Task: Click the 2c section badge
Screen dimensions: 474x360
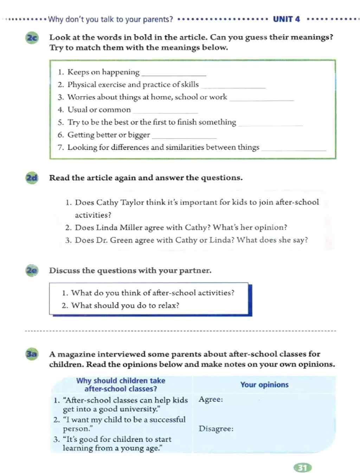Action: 32,38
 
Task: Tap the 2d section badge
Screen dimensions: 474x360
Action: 32,178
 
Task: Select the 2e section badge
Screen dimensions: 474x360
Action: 32,271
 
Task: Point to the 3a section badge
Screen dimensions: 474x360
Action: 32,354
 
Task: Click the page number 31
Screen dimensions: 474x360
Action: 302,468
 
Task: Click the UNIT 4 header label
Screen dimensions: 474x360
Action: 287,19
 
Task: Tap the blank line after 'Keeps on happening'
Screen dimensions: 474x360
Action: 173,75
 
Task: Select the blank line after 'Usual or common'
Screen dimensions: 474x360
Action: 165,112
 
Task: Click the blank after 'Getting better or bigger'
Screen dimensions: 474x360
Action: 184,137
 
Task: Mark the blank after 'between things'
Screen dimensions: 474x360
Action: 294,150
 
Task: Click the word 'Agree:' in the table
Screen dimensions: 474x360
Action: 211,399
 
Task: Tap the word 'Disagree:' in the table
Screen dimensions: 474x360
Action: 216,429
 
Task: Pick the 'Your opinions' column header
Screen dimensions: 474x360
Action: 264,385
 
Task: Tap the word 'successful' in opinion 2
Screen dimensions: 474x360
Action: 167,419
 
